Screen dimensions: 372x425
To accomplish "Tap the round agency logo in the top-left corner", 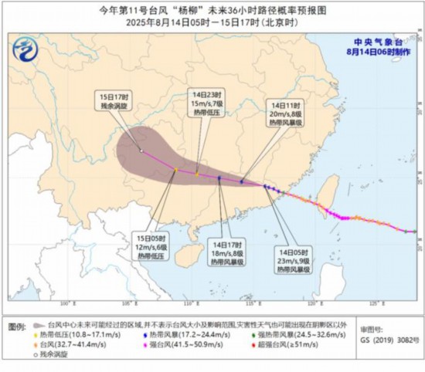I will [x=29, y=53].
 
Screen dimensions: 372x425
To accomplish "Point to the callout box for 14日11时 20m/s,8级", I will [x=288, y=111].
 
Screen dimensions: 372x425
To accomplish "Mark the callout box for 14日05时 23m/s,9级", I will [x=294, y=260].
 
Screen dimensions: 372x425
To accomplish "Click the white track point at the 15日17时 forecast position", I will [x=141, y=150].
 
